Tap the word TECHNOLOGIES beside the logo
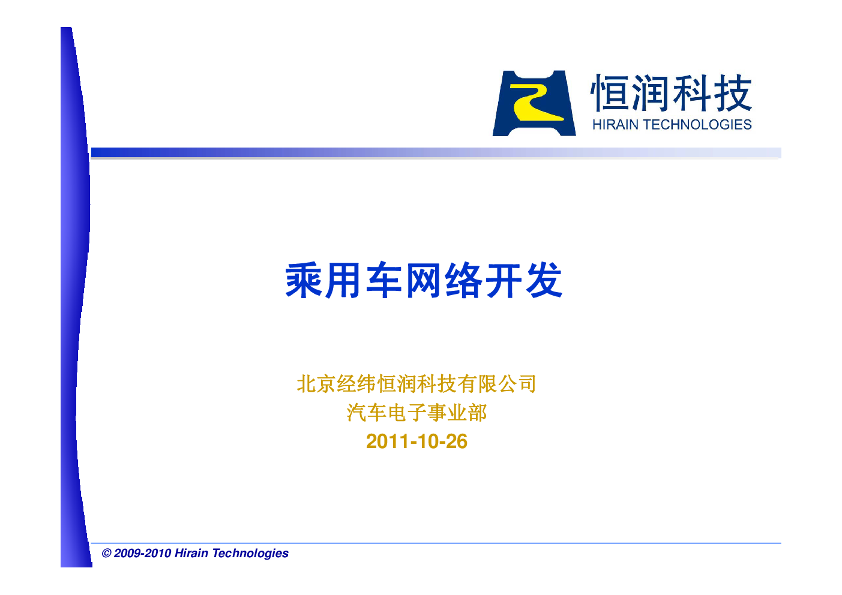click(x=698, y=125)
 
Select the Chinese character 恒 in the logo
click(x=610, y=92)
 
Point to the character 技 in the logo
click(x=733, y=92)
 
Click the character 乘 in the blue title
click(x=303, y=280)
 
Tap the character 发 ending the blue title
click(x=544, y=280)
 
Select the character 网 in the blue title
click(x=424, y=280)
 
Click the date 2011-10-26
click(x=416, y=441)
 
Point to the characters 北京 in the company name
click(x=316, y=383)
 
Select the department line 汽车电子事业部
click(x=416, y=413)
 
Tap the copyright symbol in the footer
click(x=106, y=553)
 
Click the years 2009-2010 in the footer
click(x=142, y=553)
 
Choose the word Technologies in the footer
click(x=250, y=554)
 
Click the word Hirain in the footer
click(x=191, y=553)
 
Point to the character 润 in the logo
click(x=651, y=92)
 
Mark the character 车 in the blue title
click(x=383, y=280)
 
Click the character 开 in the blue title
click(x=504, y=280)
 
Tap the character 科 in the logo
click(x=692, y=92)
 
